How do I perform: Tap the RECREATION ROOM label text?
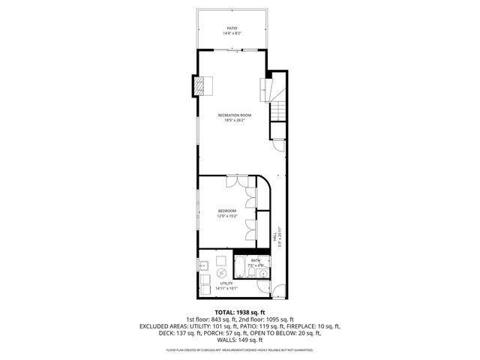coord(234,115)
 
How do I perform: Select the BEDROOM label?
coord(227,211)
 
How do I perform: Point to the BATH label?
coord(256,260)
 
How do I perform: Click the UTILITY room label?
coord(226,283)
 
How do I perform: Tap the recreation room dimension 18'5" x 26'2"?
coord(234,120)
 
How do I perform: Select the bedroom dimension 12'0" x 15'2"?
coord(227,216)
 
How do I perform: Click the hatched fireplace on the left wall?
coord(199,86)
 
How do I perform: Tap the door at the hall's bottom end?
coord(277,292)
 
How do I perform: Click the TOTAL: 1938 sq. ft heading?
coord(239,311)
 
